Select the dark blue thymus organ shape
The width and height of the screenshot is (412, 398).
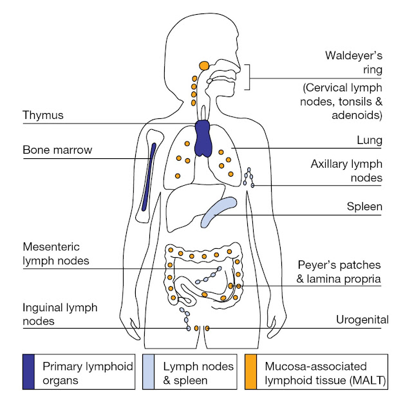(x=204, y=136)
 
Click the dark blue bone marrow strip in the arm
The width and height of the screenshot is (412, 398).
(x=149, y=177)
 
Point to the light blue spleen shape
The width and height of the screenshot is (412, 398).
(x=218, y=213)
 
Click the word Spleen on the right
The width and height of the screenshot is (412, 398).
(x=364, y=207)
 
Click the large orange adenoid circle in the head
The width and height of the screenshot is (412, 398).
(x=204, y=66)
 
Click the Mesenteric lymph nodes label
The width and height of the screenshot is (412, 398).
(x=56, y=253)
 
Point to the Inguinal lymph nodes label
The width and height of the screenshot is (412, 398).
(x=60, y=314)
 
